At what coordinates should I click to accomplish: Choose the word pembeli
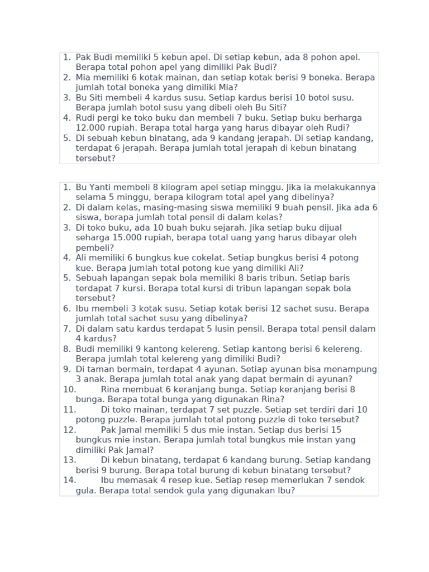pyautogui.click(x=92, y=247)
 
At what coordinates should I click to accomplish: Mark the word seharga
pyautogui.click(x=92, y=237)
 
